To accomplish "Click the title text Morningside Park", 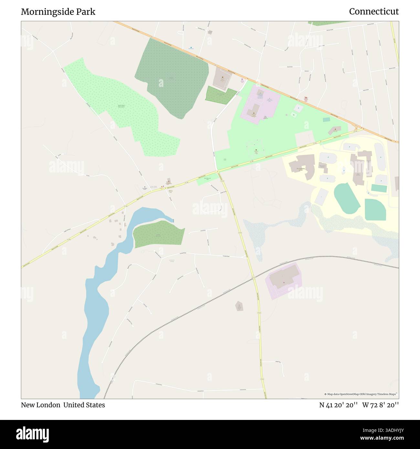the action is coord(58,12).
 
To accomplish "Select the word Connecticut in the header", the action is coord(374,12).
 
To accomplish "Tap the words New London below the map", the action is coord(41,405).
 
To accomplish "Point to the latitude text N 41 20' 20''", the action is coord(338,405).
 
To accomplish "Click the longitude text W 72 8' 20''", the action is coord(381,405).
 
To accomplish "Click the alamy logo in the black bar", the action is coord(33,434).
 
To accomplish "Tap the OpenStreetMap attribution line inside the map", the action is coord(361,394).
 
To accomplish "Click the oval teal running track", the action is coord(347,198).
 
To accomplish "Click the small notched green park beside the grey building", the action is coord(220,95).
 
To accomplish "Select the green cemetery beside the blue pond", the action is coord(158,234).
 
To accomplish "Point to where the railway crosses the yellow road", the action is coord(253,277).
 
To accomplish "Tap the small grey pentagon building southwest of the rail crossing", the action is coord(239,306).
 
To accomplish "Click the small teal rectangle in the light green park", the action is coord(326,120).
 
